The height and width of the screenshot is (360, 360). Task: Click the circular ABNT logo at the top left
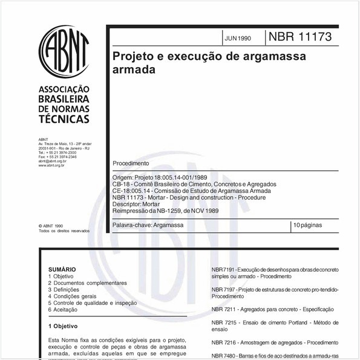(63, 48)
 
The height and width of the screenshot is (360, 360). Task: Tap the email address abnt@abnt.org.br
(52, 162)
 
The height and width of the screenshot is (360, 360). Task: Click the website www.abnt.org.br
(52, 165)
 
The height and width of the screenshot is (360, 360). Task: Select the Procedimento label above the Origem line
(130, 164)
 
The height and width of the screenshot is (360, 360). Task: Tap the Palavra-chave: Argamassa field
(148, 225)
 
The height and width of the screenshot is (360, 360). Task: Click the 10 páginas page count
(309, 225)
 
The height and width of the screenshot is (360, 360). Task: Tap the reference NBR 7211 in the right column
(223, 309)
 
